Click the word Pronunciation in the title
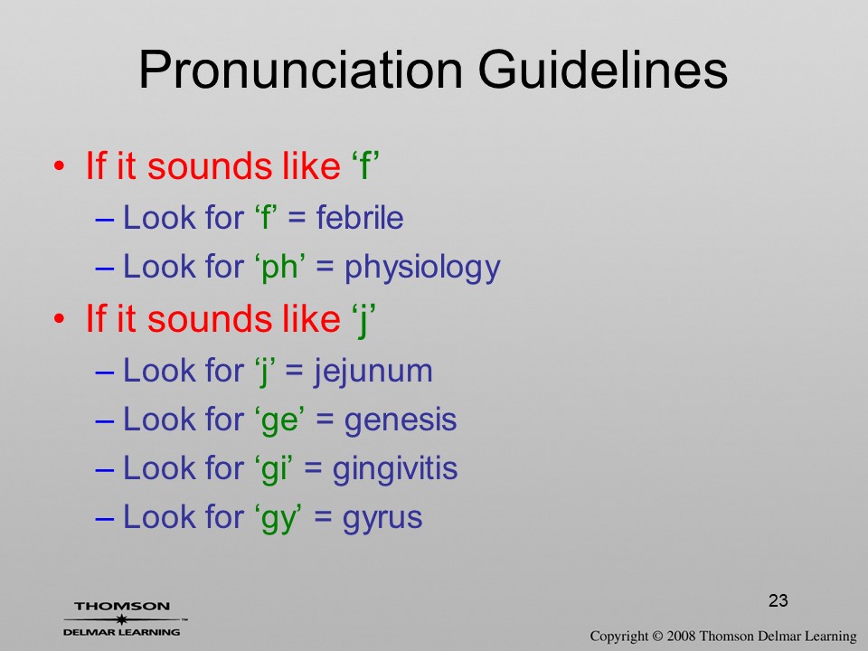click(x=300, y=71)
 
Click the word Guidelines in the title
click(x=603, y=70)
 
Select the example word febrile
click(x=360, y=217)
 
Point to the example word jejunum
click(x=373, y=372)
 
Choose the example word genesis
click(x=401, y=420)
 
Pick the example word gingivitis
click(x=395, y=469)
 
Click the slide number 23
click(x=778, y=600)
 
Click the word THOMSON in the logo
click(x=122, y=606)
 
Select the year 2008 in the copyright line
click(x=682, y=636)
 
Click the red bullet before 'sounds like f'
click(x=60, y=165)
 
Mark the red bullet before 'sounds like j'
click(x=60, y=319)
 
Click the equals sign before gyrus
click(x=323, y=517)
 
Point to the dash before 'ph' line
click(x=105, y=269)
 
